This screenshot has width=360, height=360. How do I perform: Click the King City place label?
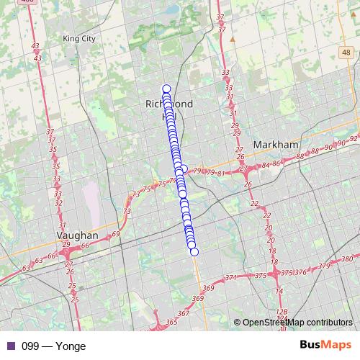pos(79,38)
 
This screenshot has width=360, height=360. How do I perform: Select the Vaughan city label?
pos(77,235)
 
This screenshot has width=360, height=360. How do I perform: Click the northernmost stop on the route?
pos(166,89)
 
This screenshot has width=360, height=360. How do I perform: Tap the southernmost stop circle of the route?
pos(193,251)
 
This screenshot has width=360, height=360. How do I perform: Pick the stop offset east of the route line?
pos(184,169)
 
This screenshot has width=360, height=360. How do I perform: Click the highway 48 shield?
pos(347,53)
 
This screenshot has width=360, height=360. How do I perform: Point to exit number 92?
pos(354,138)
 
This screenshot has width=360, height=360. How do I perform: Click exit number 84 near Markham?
pos(265,165)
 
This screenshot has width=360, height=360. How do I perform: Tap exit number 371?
pos(231,278)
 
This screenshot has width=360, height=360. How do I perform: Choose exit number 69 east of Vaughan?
pos(115,235)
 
